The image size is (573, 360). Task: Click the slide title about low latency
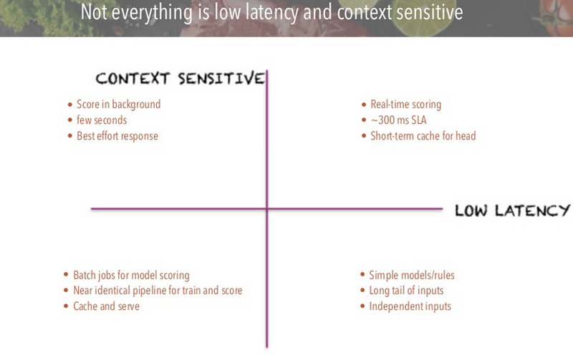[x=271, y=14]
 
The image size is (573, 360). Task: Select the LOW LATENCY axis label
[x=512, y=210]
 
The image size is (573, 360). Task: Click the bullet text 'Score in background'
[x=118, y=104]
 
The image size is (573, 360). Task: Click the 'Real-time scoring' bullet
[x=405, y=104]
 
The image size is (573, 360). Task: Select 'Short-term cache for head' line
[x=423, y=136]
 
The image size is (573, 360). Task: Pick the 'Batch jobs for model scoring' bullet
[x=131, y=276]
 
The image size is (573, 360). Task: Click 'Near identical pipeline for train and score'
[x=158, y=291]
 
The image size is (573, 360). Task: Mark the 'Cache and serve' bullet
[x=106, y=306]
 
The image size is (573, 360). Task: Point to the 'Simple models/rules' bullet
[x=411, y=276]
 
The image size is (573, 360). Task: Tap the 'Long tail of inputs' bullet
[x=406, y=291]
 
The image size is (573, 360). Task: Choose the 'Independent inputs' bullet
[x=410, y=306]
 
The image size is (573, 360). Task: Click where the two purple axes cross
[x=267, y=209]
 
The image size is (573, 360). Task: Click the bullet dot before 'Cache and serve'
[x=67, y=306]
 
